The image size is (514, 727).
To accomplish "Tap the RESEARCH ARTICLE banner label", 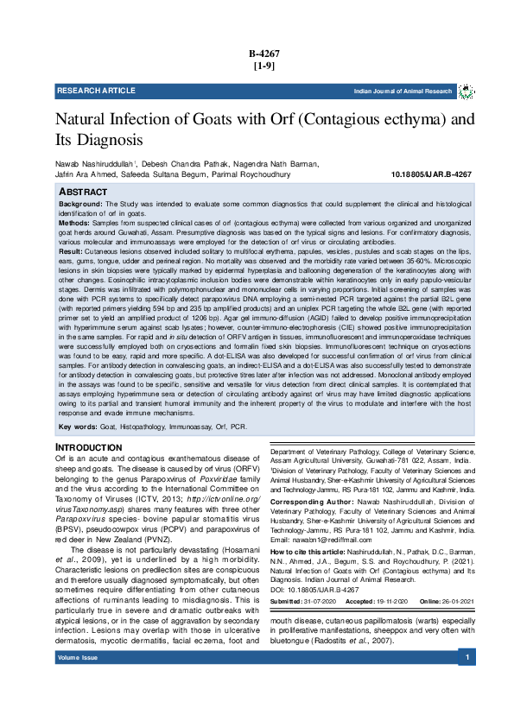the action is [x=96, y=91].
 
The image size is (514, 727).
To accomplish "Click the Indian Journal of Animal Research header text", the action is [x=403, y=91].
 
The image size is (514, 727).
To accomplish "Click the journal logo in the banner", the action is [x=466, y=91].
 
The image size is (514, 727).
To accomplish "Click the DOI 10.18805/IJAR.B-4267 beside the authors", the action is [x=431, y=174].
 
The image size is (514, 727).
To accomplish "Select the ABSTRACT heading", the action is [x=84, y=191].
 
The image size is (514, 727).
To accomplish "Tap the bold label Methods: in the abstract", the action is [x=74, y=223].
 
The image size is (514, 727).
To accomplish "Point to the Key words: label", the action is [x=77, y=427].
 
